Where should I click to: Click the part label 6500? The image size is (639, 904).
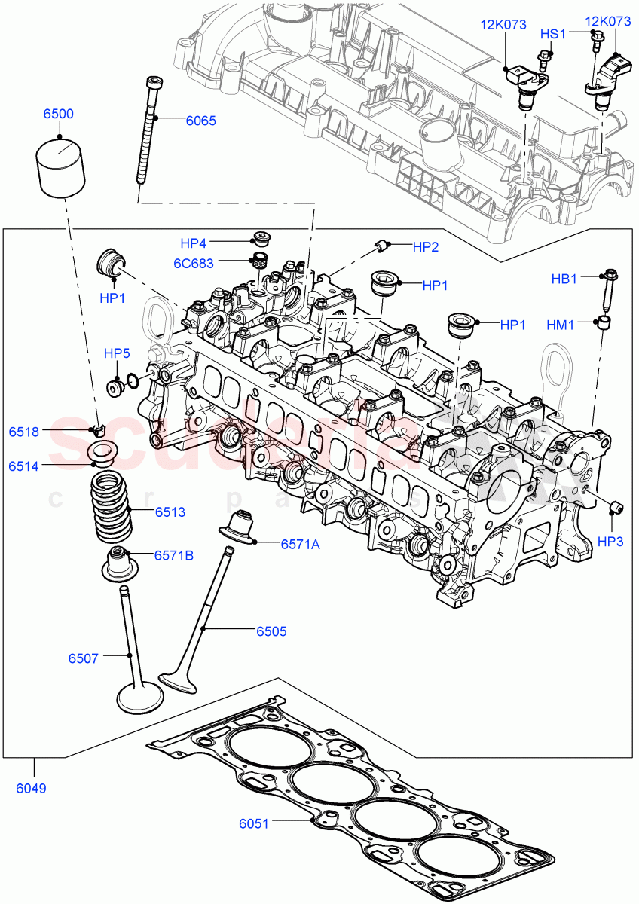(58, 115)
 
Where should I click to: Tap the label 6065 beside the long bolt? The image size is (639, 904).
(200, 120)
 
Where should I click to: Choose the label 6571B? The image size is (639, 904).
(174, 555)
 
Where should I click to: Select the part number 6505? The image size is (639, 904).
(271, 632)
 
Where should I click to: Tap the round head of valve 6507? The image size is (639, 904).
(140, 698)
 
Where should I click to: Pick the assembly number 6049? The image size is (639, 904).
(30, 789)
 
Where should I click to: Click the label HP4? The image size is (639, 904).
(193, 243)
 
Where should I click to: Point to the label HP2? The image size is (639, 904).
(426, 246)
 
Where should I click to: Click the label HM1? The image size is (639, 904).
(560, 325)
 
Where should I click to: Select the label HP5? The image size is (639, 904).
(117, 353)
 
